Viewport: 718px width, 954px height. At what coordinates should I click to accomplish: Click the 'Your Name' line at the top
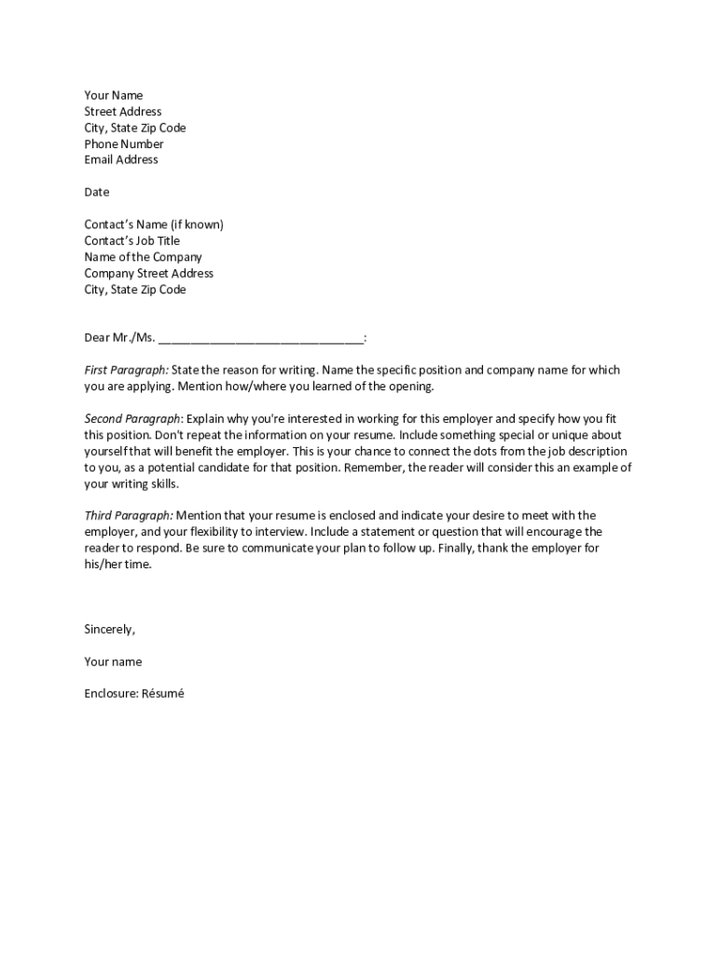coord(114,95)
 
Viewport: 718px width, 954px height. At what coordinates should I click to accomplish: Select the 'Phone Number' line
coord(124,143)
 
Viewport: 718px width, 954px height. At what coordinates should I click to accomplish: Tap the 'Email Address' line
coord(121,159)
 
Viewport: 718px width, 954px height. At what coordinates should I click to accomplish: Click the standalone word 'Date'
coord(97,192)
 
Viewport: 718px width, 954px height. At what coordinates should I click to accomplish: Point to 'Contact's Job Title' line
coord(132,240)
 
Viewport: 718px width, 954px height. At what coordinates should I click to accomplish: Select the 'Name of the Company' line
coord(143,257)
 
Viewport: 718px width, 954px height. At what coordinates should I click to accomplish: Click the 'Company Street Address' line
coord(149,273)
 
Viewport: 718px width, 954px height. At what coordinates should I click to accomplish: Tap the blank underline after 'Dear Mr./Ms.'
coord(261,338)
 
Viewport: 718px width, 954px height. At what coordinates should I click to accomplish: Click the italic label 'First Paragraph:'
coord(127,370)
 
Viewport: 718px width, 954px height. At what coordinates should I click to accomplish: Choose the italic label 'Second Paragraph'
coord(131,418)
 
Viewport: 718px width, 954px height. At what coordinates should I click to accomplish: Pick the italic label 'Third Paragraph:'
coord(129,515)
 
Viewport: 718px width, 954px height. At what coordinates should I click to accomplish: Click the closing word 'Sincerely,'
coord(110,629)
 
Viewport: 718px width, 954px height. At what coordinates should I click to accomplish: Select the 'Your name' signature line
coord(113,661)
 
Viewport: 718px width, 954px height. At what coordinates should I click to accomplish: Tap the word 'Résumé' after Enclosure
coord(163,693)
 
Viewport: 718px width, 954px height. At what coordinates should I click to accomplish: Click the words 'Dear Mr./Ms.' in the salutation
coord(119,337)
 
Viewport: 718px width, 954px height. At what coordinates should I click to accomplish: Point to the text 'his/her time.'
coord(117,564)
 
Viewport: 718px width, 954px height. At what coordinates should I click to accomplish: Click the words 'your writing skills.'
coord(131,484)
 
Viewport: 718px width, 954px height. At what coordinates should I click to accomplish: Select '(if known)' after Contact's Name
coord(197,225)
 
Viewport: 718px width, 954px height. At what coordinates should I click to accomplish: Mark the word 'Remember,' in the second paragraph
coord(373,468)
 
